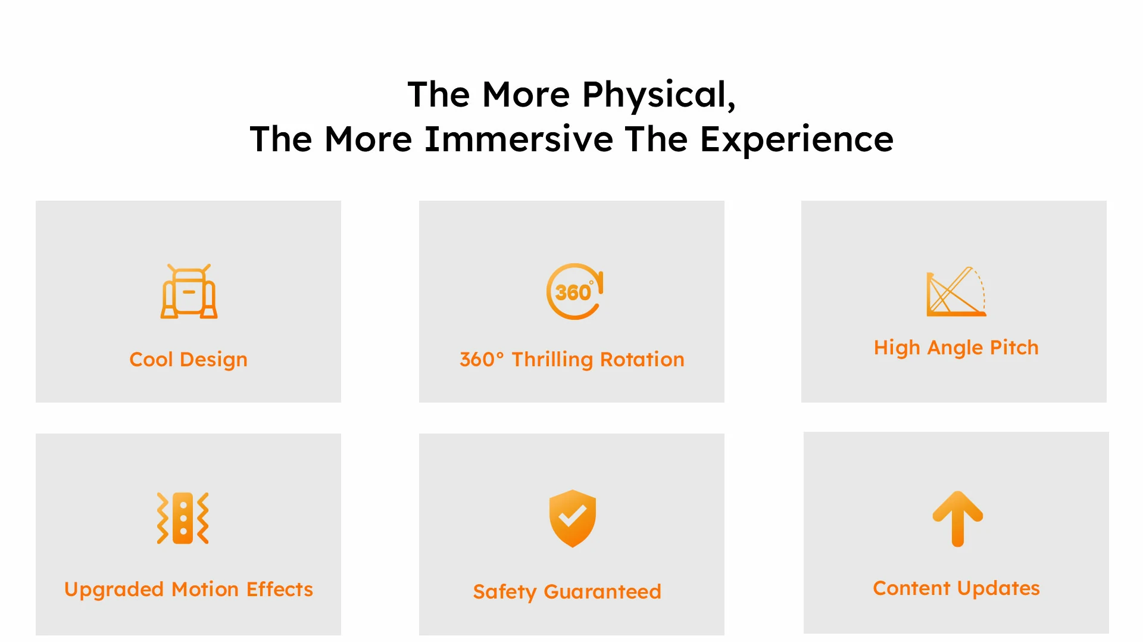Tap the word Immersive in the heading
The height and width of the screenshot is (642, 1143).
(x=519, y=139)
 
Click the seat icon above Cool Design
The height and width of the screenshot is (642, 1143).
(x=189, y=291)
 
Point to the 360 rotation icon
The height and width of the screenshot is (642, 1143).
(x=574, y=291)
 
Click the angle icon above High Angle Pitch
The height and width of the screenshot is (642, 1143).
(x=956, y=291)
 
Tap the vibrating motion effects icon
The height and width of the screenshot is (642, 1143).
(x=183, y=518)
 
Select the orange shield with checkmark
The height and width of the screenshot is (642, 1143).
(x=572, y=518)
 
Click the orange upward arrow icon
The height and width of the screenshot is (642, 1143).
(x=957, y=519)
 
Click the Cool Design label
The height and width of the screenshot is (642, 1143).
(x=188, y=360)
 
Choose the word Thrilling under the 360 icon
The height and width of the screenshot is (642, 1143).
(x=552, y=360)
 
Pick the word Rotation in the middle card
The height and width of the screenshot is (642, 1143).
(x=642, y=360)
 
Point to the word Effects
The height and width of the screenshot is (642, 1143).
(x=280, y=589)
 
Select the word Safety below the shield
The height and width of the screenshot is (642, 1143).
(x=505, y=592)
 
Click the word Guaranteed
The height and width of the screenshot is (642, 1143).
(x=602, y=591)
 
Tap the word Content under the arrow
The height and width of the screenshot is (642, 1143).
(x=911, y=588)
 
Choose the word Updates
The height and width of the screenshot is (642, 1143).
(x=998, y=588)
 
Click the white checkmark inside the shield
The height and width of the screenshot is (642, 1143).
(x=572, y=515)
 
